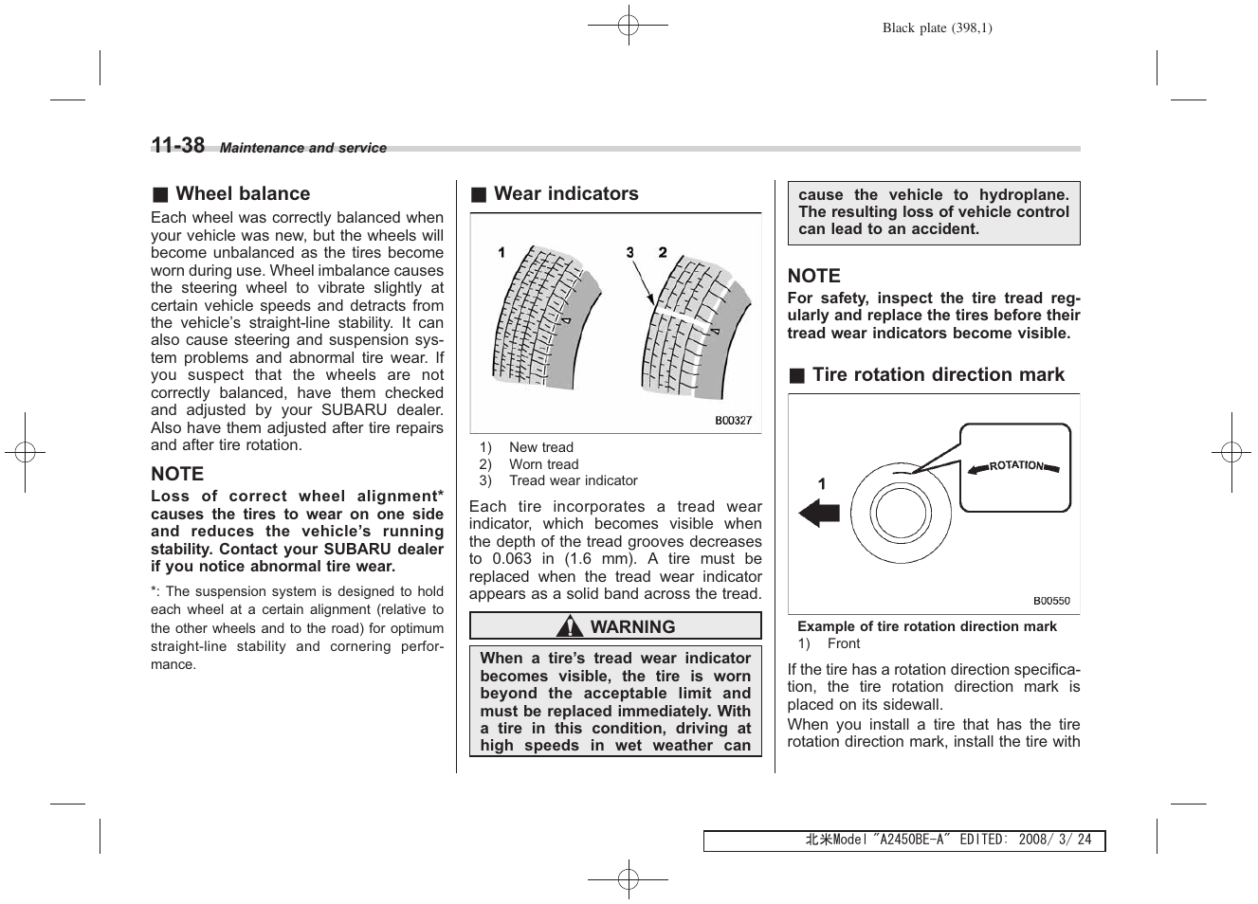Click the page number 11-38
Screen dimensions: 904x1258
pos(177,145)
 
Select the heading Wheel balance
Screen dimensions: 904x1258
pos(242,194)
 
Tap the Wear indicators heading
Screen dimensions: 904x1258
pos(566,194)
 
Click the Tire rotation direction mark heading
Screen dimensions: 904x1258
pos(938,375)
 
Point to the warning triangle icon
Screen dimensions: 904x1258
pos(570,627)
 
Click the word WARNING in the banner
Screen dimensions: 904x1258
pos(632,627)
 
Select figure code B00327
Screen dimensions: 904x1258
pos(733,420)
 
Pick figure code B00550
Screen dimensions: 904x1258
pos(1051,601)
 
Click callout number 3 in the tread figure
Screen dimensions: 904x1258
pos(629,252)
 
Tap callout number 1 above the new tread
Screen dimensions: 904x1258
pos(501,252)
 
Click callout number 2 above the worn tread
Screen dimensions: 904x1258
pos(663,252)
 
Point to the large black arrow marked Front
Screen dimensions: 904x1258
pos(819,514)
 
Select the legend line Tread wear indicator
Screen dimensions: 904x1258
pos(573,481)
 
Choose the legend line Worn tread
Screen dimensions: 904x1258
pos(543,464)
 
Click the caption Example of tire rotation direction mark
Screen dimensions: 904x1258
pos(926,626)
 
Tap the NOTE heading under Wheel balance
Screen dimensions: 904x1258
pos(177,474)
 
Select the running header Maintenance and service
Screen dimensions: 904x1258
pos(303,148)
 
